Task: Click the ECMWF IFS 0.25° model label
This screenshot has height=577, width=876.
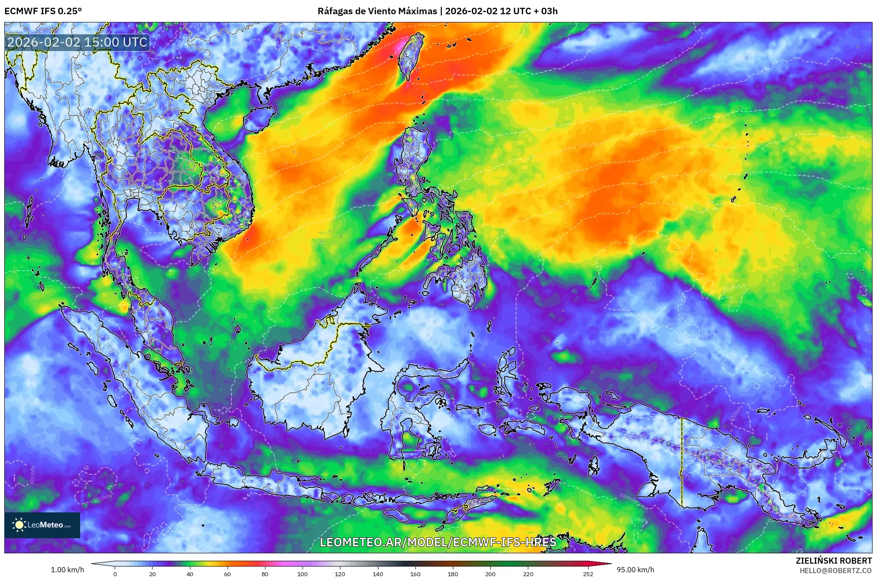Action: coord(43,11)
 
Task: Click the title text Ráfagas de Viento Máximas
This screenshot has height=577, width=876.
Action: coord(377,11)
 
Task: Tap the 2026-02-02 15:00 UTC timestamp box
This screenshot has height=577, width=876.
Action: coord(78,42)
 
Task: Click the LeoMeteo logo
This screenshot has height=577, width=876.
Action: coord(42,525)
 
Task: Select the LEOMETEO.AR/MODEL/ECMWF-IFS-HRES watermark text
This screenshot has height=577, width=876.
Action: coord(438,542)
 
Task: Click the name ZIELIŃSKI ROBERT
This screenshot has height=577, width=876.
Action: coord(834,561)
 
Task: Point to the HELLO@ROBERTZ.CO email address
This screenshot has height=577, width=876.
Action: coord(835,570)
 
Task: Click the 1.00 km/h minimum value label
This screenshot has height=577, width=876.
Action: coord(67,570)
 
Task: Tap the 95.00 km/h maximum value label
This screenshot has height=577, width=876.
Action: coord(635,570)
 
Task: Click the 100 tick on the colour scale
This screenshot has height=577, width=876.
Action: coord(302,574)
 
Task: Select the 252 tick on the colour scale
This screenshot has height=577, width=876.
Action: coord(588,574)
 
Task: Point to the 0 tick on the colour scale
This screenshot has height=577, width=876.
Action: coord(115,574)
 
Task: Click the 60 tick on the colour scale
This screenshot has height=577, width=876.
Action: coord(228,574)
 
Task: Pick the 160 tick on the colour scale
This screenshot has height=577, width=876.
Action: coord(415,574)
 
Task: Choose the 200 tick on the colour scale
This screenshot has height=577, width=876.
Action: coord(490,574)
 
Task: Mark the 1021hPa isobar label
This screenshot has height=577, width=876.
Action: coord(461,99)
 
